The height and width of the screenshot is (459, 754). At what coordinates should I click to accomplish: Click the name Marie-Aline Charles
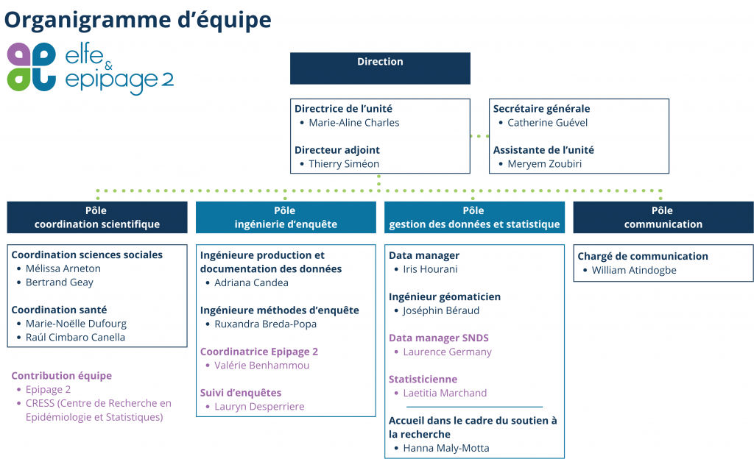[354, 123]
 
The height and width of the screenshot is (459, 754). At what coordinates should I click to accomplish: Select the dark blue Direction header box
[380, 68]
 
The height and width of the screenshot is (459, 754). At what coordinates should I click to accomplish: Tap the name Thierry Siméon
[344, 164]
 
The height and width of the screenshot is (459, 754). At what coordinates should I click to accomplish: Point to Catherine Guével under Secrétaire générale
[547, 123]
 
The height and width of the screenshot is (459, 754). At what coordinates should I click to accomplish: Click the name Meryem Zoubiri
[544, 164]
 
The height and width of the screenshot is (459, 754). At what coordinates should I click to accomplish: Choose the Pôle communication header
[663, 218]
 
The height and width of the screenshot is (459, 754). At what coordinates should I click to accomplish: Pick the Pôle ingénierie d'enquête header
[286, 218]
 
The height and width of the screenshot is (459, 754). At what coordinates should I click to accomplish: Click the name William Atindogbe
[634, 270]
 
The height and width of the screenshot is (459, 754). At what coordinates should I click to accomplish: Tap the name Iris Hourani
[430, 269]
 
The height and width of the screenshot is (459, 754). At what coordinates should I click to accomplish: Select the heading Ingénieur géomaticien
[445, 296]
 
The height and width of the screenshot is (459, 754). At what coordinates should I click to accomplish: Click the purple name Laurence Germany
[447, 352]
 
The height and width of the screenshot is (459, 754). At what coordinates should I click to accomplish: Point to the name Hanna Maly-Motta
[445, 449]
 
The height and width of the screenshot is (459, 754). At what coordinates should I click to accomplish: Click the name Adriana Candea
[251, 282]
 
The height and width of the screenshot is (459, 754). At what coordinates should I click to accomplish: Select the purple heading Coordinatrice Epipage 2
[258, 352]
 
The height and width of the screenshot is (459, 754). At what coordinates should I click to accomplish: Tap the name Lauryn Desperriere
[259, 407]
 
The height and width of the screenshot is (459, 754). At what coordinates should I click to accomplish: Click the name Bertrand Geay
[59, 282]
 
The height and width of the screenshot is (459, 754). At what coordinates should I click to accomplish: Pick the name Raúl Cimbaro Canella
[75, 338]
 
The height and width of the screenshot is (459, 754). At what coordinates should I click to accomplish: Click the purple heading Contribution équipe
[62, 376]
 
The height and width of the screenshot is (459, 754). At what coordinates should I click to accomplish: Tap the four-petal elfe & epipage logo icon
[32, 67]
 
